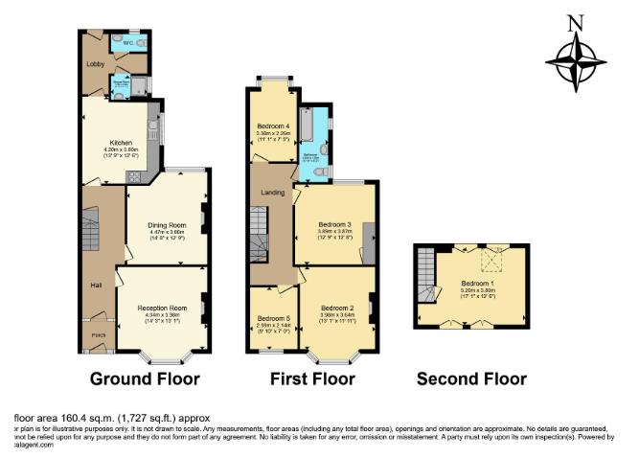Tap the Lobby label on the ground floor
pyautogui.click(x=95, y=65)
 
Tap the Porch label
pyautogui.click(x=96, y=335)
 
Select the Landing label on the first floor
pyautogui.click(x=271, y=194)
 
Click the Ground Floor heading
pyautogui.click(x=145, y=378)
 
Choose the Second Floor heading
pyautogui.click(x=471, y=379)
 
